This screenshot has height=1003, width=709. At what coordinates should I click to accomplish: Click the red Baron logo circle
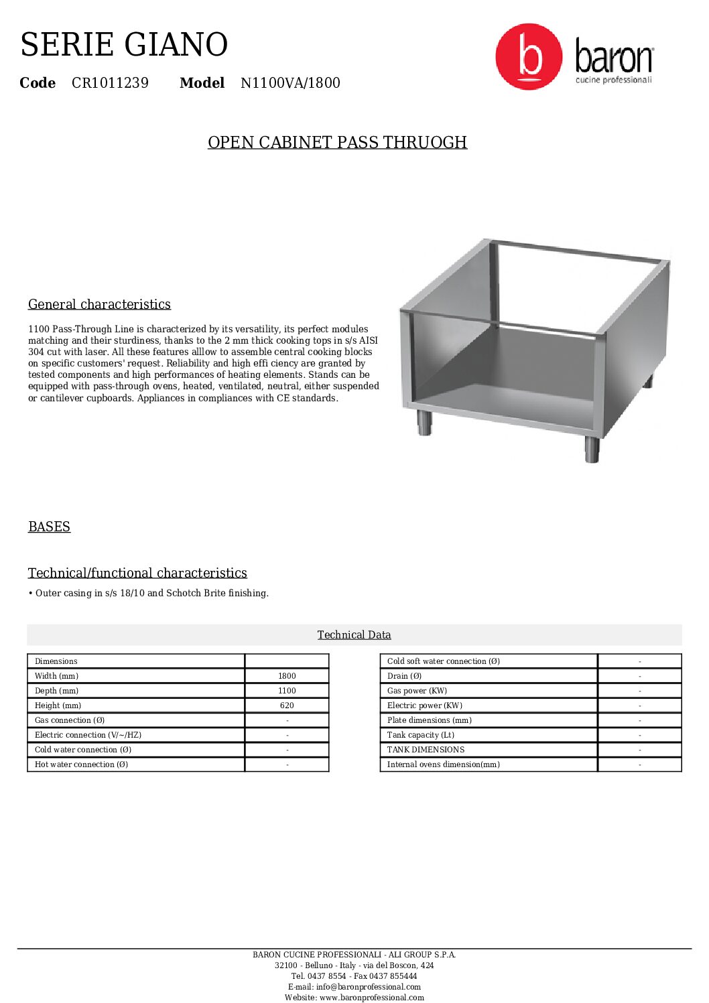(529, 57)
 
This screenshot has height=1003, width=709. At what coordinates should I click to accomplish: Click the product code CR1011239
(110, 83)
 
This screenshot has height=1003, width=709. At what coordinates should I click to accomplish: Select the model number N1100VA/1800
(290, 83)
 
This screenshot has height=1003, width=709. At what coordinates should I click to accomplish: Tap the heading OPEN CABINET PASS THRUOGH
(337, 143)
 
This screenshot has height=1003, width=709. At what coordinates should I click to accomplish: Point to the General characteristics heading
(99, 304)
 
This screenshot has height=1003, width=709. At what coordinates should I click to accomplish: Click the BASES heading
(49, 527)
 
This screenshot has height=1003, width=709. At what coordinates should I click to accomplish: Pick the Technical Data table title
(354, 634)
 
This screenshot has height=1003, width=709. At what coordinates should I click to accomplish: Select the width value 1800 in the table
(287, 676)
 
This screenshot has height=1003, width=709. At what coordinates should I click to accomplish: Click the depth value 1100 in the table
(287, 691)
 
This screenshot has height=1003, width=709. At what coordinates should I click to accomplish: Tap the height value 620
(287, 706)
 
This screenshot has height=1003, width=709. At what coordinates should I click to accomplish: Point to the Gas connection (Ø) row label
(70, 720)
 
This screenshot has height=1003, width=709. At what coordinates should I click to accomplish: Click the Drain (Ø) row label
(404, 676)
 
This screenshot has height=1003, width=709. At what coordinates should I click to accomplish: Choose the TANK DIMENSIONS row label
(426, 750)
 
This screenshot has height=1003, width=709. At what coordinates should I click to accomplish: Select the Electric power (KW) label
(424, 706)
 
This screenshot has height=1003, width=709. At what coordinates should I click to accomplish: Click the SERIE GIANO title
(124, 45)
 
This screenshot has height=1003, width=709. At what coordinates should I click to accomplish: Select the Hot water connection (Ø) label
(81, 764)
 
